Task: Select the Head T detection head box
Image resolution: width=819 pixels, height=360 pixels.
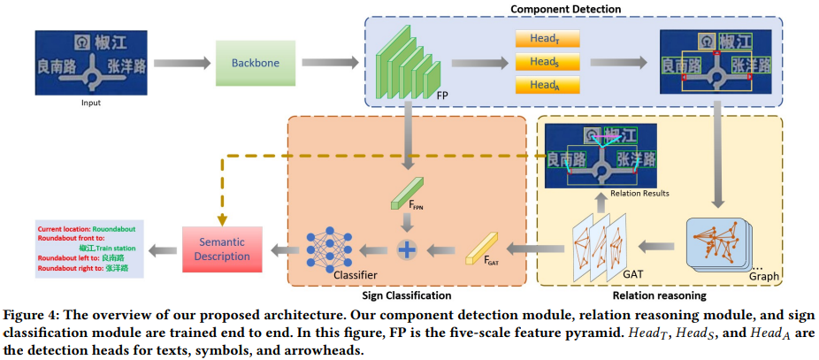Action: click(540, 41)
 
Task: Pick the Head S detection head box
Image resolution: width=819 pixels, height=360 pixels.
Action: click(540, 63)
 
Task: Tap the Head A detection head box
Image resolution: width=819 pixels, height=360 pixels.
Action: click(540, 85)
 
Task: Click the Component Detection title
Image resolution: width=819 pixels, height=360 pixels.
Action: click(566, 8)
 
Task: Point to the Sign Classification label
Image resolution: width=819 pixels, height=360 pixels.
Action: click(407, 295)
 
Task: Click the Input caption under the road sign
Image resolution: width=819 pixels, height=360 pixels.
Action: click(90, 103)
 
